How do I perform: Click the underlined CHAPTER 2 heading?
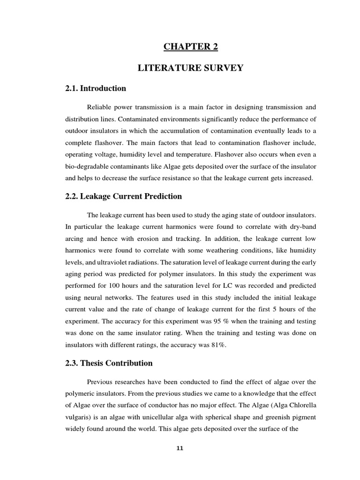(x=191, y=46)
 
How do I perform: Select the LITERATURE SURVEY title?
(x=190, y=68)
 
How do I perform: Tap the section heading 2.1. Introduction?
(x=96, y=88)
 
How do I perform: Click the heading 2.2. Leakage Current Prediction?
(x=124, y=196)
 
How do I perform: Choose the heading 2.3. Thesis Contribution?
(x=109, y=363)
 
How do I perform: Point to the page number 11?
(x=180, y=448)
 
